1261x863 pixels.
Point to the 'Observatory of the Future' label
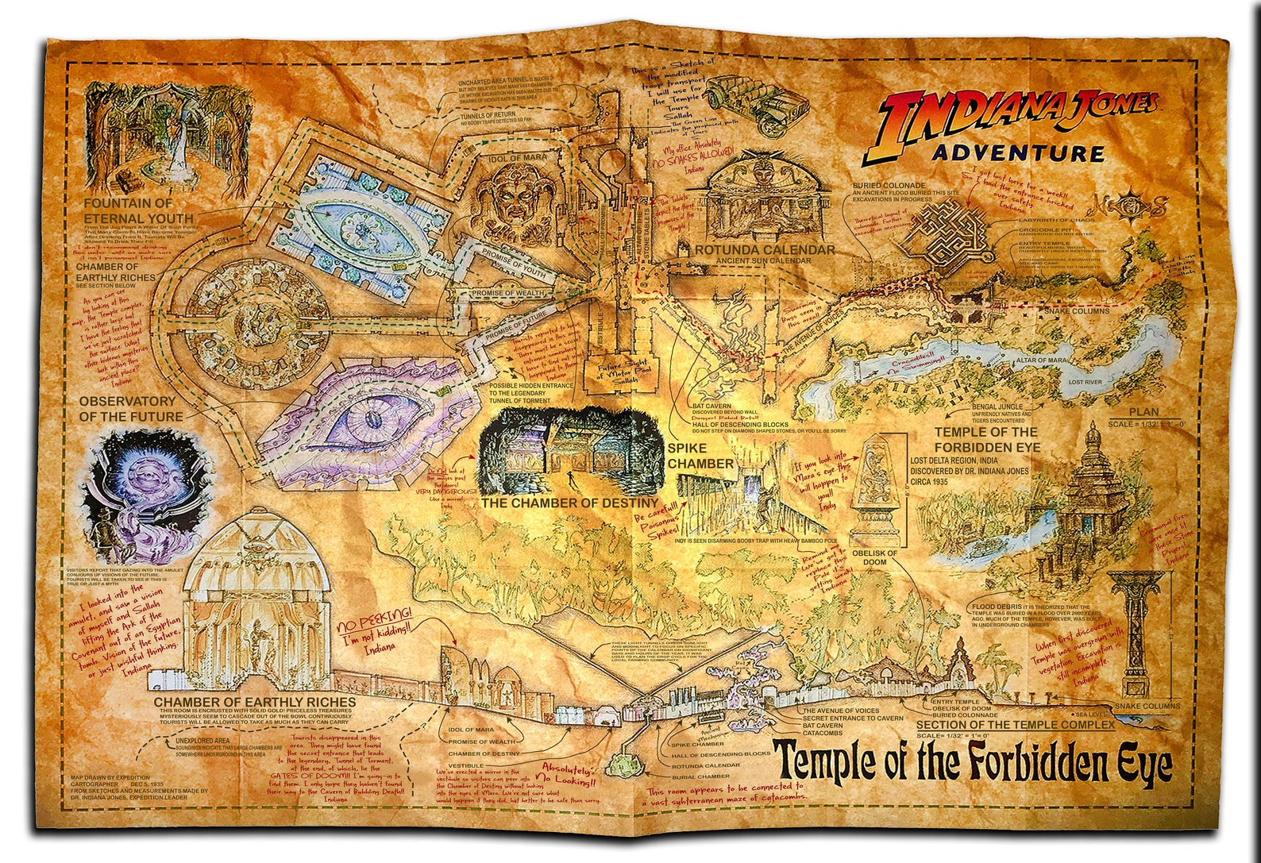[130, 409]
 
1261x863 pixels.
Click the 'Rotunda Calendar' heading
[764, 250]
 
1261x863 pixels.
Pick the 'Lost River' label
[1086, 383]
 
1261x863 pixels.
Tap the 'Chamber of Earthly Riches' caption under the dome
[254, 702]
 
